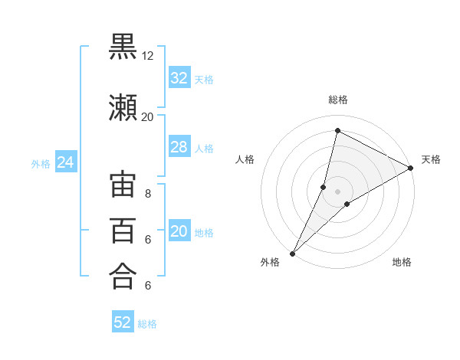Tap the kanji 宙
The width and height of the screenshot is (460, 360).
[x=123, y=186]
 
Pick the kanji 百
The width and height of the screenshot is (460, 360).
[x=123, y=231]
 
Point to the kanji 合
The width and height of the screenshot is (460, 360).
[x=123, y=276]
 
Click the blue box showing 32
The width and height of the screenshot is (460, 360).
[x=179, y=78]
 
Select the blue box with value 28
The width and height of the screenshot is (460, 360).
[x=179, y=147]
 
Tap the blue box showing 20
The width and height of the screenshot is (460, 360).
[x=179, y=232]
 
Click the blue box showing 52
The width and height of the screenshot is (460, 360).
[x=123, y=322]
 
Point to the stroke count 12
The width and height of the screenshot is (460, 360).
[x=147, y=56]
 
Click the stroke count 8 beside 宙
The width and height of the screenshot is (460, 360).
[x=147, y=194]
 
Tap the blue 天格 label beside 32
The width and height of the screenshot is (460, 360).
[x=204, y=79]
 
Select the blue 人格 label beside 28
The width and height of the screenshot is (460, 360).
[x=204, y=148]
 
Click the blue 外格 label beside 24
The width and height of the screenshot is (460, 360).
[x=41, y=163]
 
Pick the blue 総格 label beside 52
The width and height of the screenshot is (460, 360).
[x=147, y=324]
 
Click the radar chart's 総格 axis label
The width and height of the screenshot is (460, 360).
[x=337, y=100]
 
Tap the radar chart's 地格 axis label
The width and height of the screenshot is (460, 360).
[x=402, y=263]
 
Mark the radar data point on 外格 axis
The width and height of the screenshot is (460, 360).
[x=292, y=253]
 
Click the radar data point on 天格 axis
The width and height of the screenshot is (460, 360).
[x=411, y=168]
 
